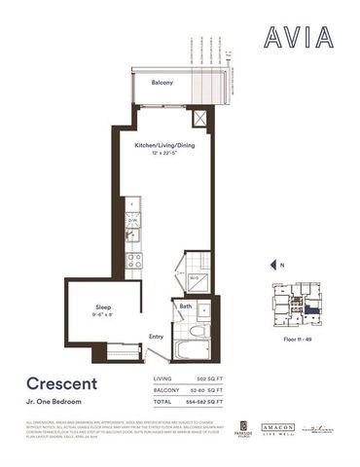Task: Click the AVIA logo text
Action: (x=298, y=38)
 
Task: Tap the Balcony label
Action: (x=162, y=84)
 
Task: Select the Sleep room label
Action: (x=102, y=305)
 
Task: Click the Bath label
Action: (x=186, y=307)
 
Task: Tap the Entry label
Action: (x=156, y=338)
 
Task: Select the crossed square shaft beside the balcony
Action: (x=201, y=119)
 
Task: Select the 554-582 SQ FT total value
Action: (x=206, y=401)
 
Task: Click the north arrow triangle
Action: (x=272, y=264)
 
